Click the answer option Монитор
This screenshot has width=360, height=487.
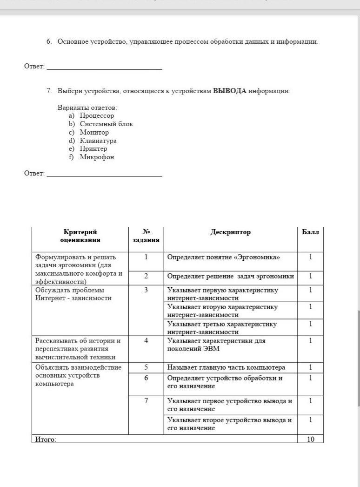pos(94,132)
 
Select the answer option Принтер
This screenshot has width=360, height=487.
pos(93,149)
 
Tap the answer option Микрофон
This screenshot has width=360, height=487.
pos(97,157)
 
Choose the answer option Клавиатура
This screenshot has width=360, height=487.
pos(98,141)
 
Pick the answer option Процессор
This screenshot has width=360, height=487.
pos(97,115)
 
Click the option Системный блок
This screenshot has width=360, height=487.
pos(106,124)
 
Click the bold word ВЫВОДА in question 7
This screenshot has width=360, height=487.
pos(229,91)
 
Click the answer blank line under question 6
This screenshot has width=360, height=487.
pos(104,68)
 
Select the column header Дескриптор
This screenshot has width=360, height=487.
pos(230,232)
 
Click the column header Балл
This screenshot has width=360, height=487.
pos(310,232)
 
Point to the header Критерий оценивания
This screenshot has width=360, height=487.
pos(80,236)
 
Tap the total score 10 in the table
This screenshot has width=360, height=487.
pos(310,439)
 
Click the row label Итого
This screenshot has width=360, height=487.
pos(46,439)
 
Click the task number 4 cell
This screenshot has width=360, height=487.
pos(146,340)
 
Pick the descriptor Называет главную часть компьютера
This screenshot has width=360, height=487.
pos(226,367)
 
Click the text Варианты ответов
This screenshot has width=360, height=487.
pos(87,108)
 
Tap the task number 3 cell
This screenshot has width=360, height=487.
pos(146,290)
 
